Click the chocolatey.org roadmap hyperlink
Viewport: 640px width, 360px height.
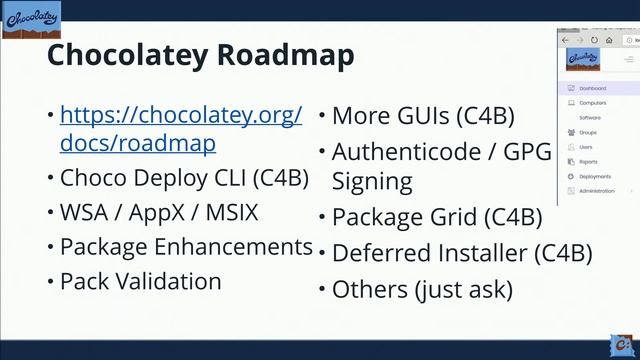pos(180,129)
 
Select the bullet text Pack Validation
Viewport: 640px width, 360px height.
pos(140,281)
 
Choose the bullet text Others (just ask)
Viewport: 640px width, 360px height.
pos(421,290)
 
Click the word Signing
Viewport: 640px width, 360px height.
pos(372,181)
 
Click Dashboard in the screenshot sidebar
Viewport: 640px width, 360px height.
pos(593,87)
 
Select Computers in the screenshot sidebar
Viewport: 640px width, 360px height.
pos(593,102)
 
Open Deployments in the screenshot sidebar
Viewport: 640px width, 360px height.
pos(596,175)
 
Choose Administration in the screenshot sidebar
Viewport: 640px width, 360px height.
pos(597,190)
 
